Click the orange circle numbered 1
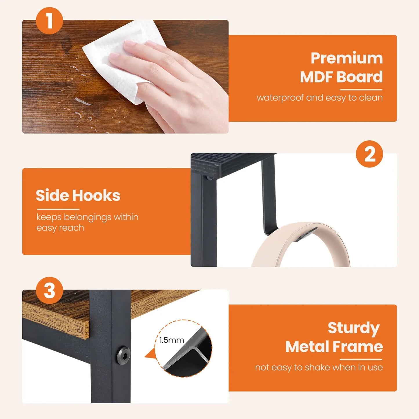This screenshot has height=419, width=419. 49,21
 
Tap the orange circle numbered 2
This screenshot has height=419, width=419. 369,154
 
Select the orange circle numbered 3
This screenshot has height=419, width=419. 49,290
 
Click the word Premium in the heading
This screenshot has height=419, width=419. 347,58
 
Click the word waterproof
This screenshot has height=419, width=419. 280,98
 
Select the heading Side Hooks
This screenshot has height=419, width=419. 78,195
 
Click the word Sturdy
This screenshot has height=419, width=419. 353,328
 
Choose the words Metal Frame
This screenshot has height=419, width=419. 334,347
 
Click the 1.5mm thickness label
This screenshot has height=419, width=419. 172,340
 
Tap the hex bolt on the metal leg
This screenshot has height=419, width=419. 123,355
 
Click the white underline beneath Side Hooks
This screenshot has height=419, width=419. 58,209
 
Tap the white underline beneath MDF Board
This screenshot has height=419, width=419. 361,90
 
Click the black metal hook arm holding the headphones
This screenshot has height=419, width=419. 269,197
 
